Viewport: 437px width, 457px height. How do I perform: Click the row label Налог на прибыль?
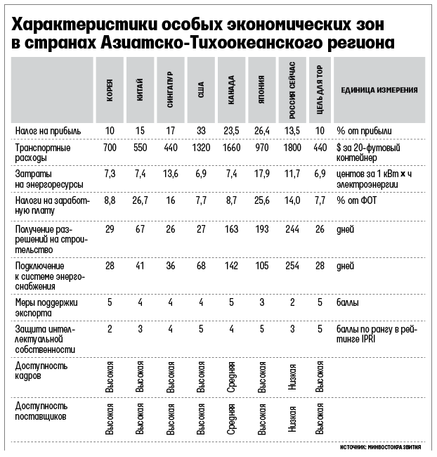point(48,131)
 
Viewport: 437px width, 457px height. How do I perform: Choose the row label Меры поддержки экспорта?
point(44,307)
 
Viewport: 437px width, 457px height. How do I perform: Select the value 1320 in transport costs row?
point(201,149)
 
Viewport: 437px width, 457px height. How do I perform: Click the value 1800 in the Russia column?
point(291,149)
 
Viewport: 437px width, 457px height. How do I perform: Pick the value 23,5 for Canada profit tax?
point(231,131)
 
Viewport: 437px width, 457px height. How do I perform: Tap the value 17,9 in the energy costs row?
point(261,173)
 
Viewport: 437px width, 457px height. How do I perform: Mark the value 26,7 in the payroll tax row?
point(141,200)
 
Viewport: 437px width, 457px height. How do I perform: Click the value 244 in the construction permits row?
point(291,230)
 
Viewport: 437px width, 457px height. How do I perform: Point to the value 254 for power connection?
point(291,266)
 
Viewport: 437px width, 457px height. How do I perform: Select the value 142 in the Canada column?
point(231,266)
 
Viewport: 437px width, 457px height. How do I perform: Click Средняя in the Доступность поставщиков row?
point(231,420)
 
